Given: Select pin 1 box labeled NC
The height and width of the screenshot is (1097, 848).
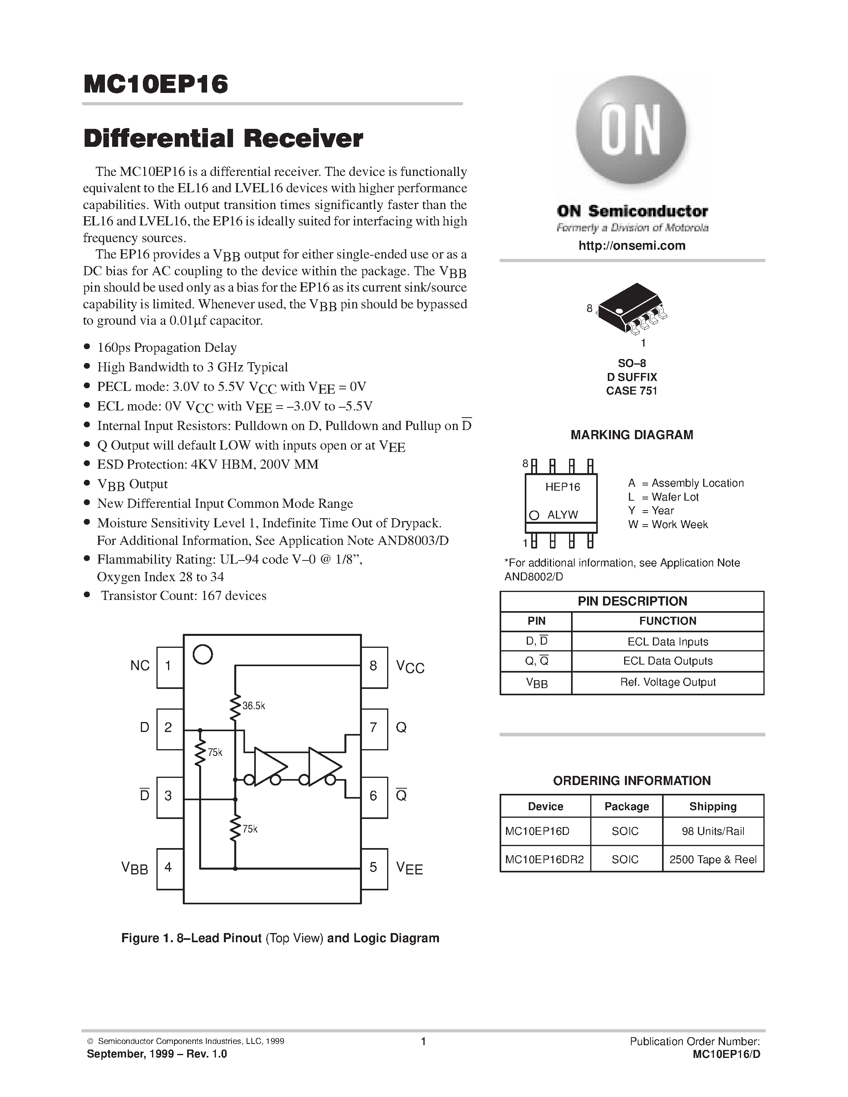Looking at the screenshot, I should coord(169,667).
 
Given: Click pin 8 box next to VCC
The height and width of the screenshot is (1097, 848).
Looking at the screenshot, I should coord(374,667).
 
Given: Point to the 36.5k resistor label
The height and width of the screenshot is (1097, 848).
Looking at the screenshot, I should coord(254,706).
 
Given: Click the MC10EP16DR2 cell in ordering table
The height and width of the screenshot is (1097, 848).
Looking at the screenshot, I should coord(545,859).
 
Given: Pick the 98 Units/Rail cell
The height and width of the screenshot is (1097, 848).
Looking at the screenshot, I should coord(713,831).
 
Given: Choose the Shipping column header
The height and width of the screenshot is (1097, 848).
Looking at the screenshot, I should coord(713,806).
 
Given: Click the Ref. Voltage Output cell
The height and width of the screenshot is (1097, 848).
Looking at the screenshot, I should coord(668,682).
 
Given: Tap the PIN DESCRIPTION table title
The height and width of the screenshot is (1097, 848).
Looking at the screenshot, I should coord(632,601).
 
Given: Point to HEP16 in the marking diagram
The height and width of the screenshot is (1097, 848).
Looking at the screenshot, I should coord(563,487).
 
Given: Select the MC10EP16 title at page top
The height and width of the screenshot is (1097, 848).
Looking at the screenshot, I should coord(156,85).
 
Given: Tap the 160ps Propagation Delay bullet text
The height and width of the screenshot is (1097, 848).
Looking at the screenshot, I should coord(167,347).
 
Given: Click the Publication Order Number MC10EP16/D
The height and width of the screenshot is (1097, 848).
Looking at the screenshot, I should coord(726,1055).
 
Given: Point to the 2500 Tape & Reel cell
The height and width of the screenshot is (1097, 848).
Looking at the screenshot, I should coord(713,859).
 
